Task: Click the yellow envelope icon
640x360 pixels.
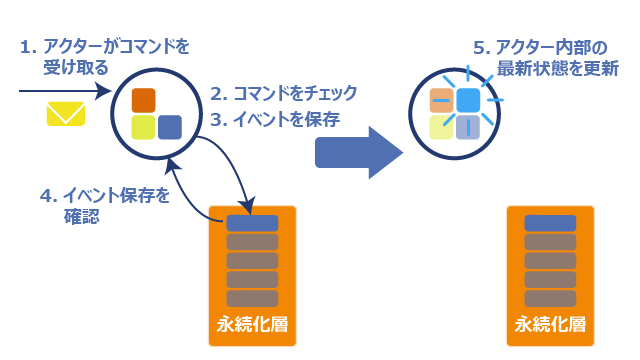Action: (x=66, y=114)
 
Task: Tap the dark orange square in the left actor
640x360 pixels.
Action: (x=143, y=100)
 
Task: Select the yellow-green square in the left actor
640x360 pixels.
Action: (x=143, y=127)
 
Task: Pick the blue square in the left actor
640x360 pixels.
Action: (x=170, y=127)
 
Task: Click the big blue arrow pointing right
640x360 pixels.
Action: (x=359, y=153)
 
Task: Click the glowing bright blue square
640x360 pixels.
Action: (x=468, y=100)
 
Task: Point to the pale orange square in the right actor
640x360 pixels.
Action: (x=442, y=100)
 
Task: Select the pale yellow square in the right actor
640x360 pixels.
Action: (x=442, y=127)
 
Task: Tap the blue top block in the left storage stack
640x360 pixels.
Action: (x=252, y=223)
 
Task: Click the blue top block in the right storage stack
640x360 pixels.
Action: (x=550, y=223)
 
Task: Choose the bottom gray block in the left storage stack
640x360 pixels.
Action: (x=252, y=298)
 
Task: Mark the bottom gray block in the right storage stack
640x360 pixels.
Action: (x=550, y=298)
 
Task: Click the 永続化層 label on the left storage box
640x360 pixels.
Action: (x=252, y=324)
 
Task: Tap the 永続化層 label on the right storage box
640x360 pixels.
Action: (x=550, y=324)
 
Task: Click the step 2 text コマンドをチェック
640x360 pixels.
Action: (x=295, y=93)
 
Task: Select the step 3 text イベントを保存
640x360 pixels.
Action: (x=287, y=120)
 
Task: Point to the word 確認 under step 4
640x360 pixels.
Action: (x=82, y=216)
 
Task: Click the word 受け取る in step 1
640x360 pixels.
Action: (x=76, y=67)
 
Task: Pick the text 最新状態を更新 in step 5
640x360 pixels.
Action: (x=558, y=69)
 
